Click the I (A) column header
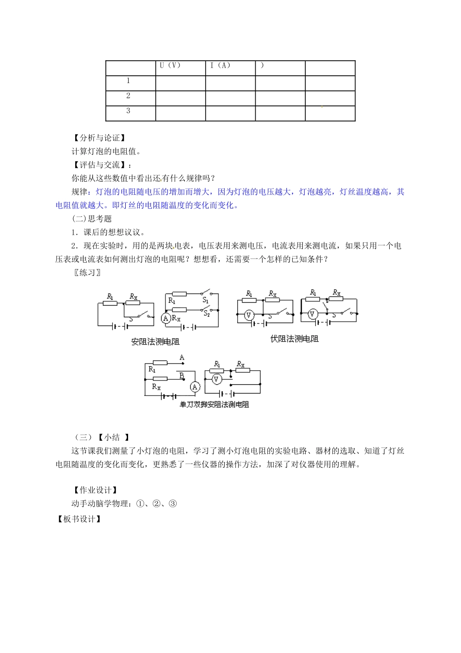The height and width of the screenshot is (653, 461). click(220, 66)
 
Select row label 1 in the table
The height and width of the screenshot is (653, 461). click(128, 81)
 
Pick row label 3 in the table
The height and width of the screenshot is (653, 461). click(128, 111)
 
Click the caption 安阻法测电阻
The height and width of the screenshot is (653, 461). click(155, 342)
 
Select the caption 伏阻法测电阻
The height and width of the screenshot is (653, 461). click(295, 339)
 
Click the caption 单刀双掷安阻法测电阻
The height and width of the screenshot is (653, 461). click(214, 404)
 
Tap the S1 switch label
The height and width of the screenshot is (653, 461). click(206, 301)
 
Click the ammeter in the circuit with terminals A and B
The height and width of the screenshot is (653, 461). click(195, 387)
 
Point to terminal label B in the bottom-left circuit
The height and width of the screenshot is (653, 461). click(181, 375)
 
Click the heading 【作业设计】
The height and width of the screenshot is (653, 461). click(95, 490)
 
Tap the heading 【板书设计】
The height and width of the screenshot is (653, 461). click(79, 519)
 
